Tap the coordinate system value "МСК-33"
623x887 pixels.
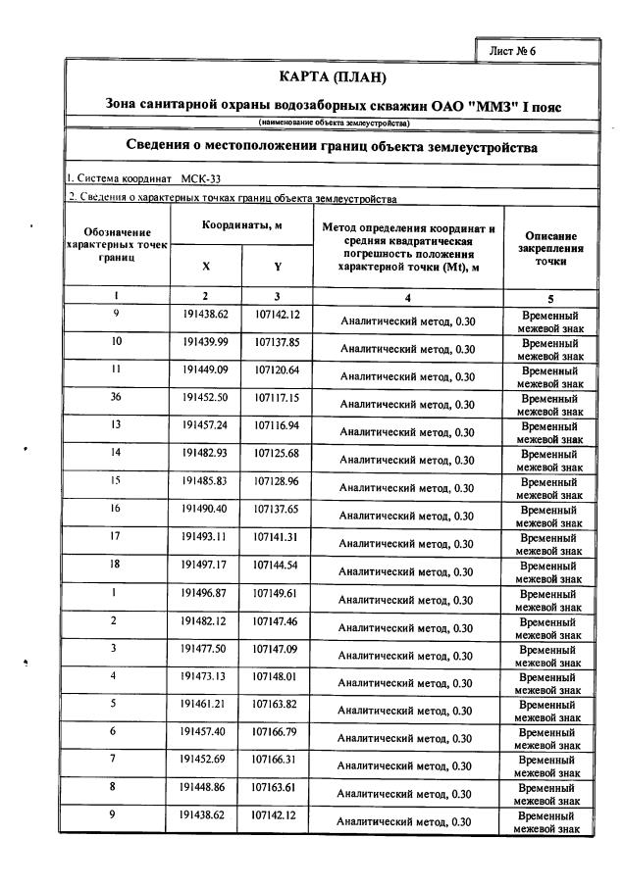coord(201,178)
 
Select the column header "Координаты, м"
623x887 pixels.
coord(241,224)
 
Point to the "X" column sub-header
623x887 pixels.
coord(205,267)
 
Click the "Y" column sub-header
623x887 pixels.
coord(277,267)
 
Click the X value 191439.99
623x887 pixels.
coord(205,342)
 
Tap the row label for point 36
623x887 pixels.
coord(116,397)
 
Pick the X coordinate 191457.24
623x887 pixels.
coord(205,425)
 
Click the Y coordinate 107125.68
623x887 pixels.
coord(276,453)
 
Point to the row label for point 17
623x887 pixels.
coord(116,536)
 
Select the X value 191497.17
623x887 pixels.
coord(205,565)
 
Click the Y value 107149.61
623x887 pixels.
coord(276,593)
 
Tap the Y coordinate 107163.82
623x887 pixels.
coord(276,704)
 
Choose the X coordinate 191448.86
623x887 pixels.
coord(205,786)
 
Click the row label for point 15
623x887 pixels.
coord(116,480)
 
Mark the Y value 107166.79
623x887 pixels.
coord(276,731)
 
